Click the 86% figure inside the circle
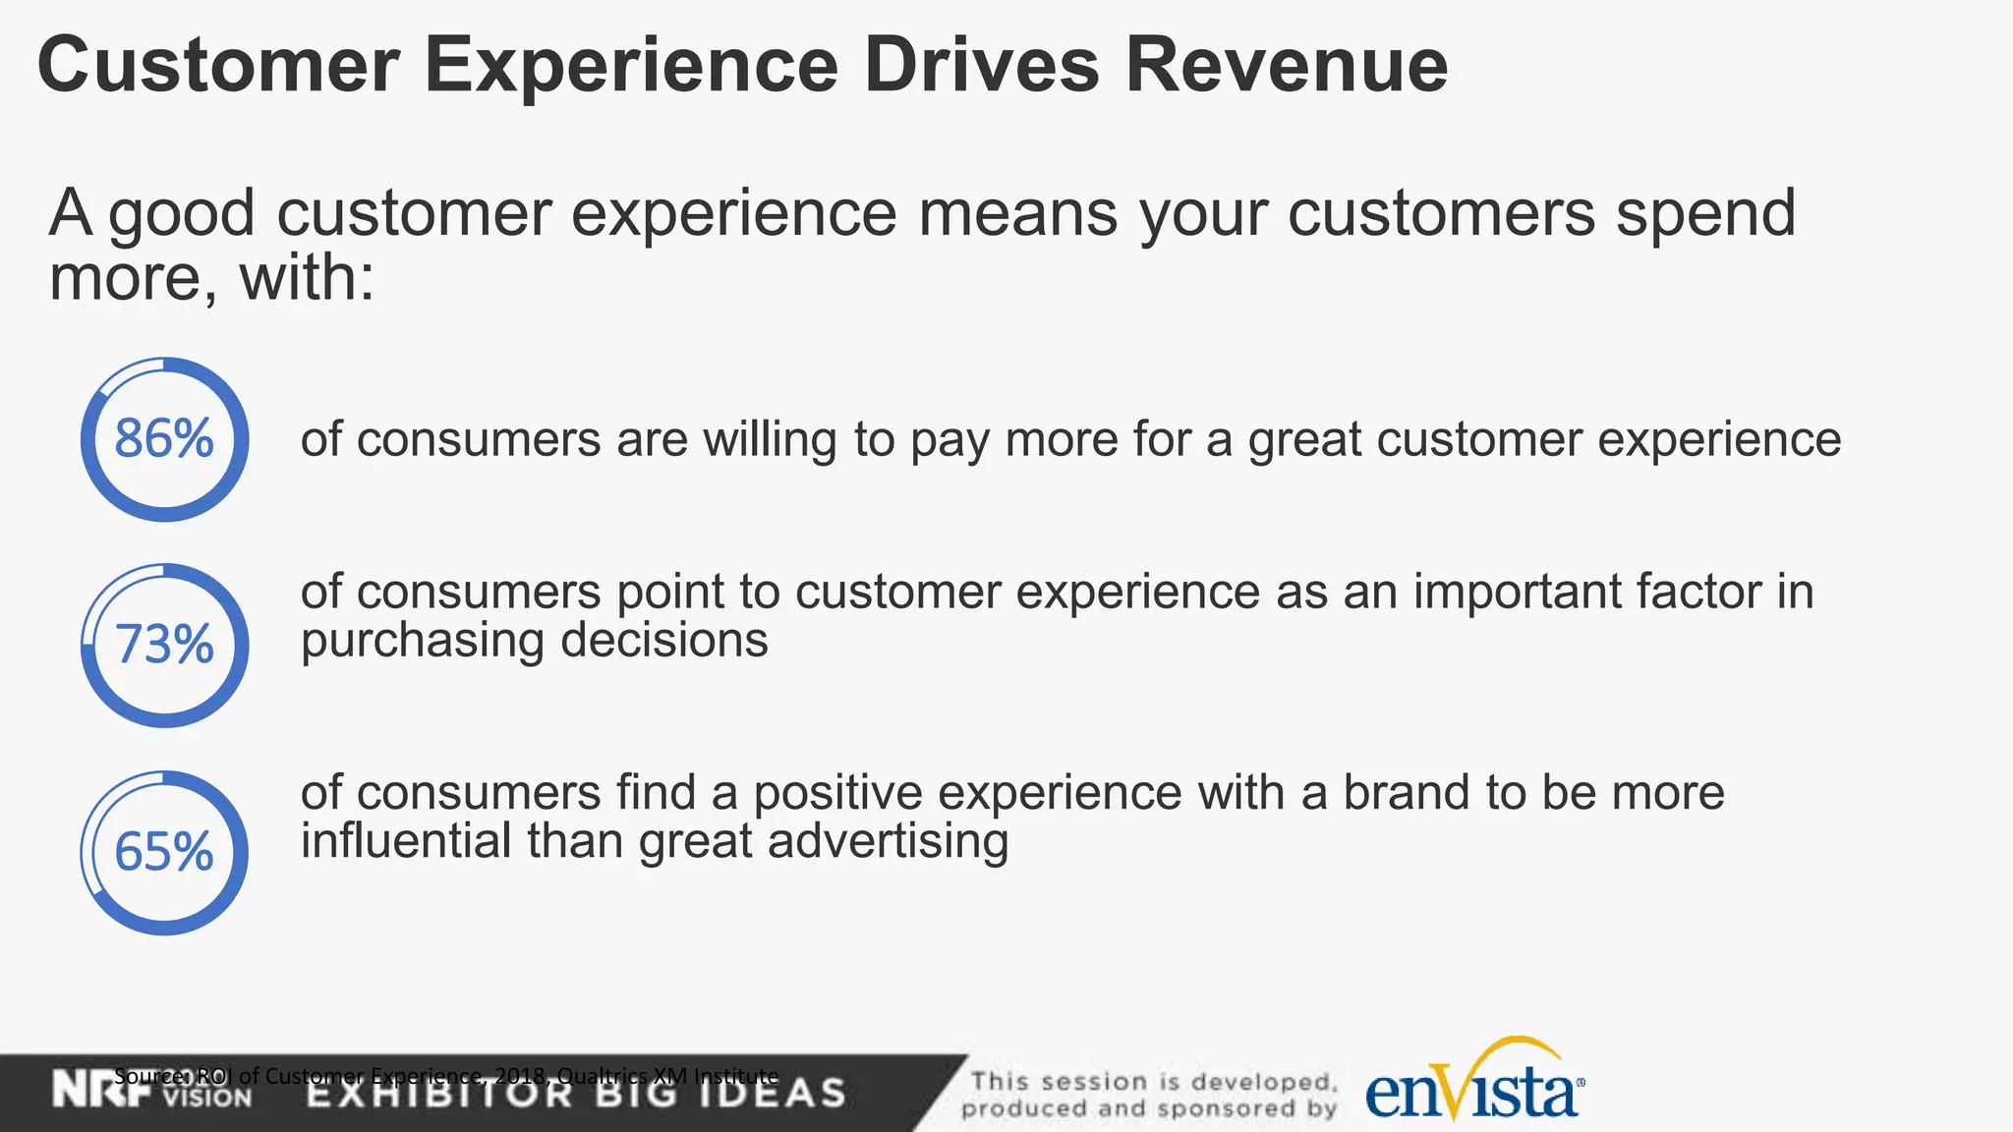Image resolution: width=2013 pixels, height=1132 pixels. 164,439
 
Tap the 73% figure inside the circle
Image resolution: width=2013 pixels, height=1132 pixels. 164,646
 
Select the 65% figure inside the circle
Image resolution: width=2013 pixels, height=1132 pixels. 164,852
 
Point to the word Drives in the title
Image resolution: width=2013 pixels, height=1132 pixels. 981,66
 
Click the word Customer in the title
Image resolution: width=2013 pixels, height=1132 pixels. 218,66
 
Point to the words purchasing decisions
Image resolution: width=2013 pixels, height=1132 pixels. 534,641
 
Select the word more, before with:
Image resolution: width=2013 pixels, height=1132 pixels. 126,278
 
